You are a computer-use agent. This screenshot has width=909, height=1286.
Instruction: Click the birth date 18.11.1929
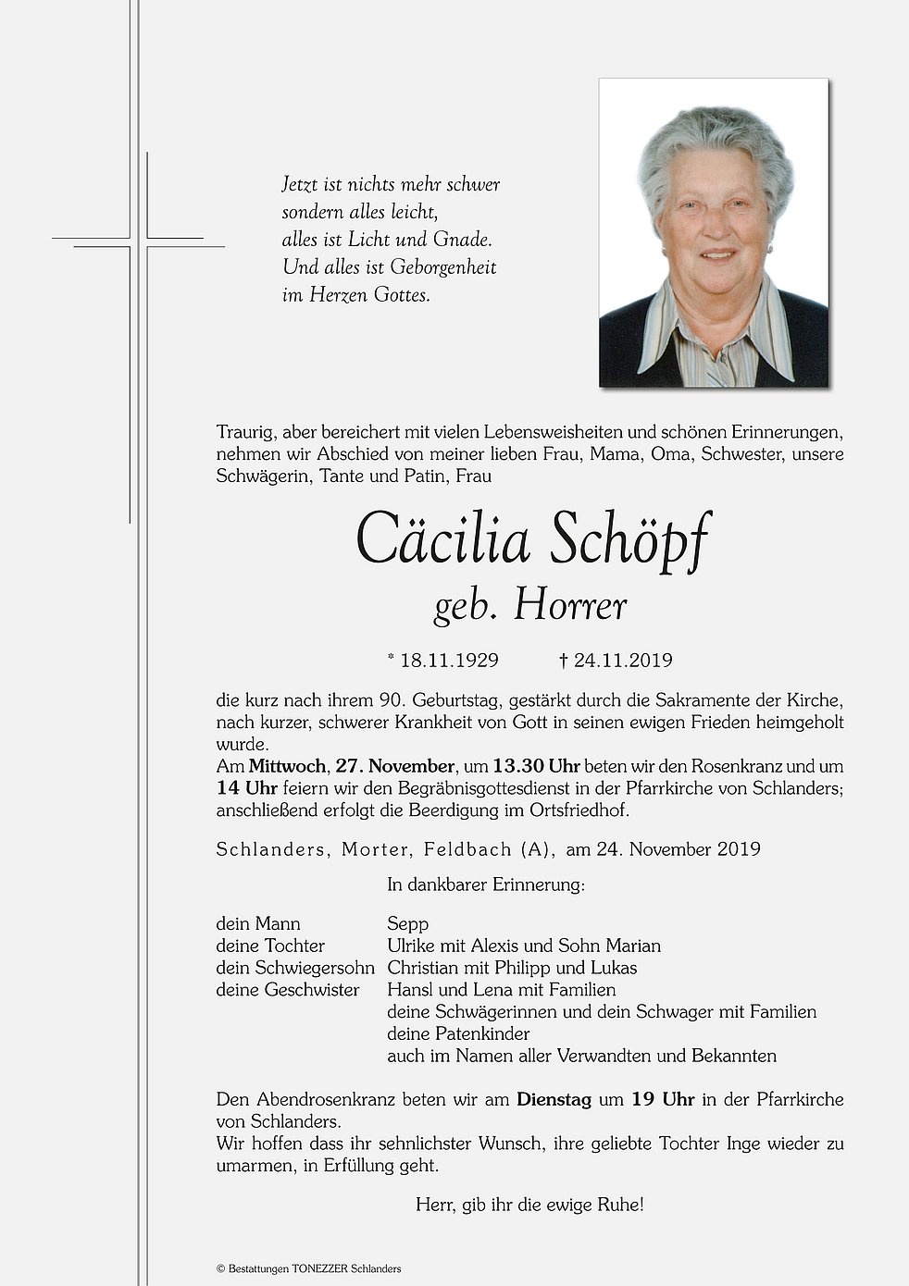449,661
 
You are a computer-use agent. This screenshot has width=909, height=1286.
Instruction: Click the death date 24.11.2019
622,661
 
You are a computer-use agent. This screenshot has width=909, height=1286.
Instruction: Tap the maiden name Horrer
570,606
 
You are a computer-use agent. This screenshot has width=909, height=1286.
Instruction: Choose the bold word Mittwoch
287,767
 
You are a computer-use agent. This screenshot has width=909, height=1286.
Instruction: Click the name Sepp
408,924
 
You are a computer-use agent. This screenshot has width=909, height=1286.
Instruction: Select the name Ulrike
414,946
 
